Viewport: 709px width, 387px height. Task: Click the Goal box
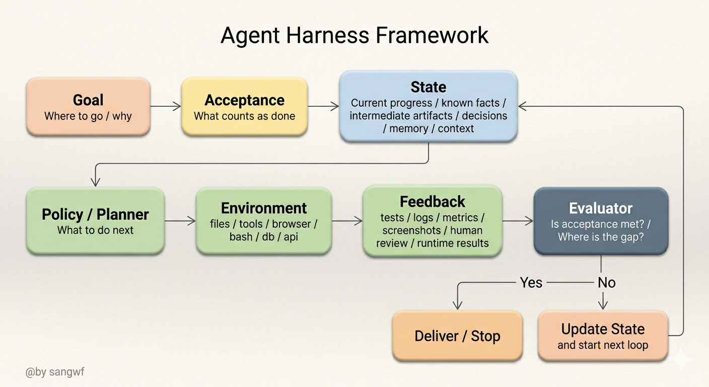(88, 107)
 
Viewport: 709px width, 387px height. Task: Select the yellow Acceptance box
(245, 107)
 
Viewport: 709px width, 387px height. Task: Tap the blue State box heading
(429, 87)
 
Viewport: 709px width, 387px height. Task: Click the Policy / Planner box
(95, 221)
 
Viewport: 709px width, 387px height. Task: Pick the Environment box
(264, 221)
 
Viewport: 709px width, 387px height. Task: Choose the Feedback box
(432, 221)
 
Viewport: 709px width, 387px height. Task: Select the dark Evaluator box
(601, 221)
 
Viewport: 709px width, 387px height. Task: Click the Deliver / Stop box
(457, 336)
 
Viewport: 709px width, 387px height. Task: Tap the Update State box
(603, 336)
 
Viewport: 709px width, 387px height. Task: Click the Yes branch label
(531, 283)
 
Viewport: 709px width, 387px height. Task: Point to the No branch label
(606, 283)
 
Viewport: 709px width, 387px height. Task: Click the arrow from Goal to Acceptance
(166, 106)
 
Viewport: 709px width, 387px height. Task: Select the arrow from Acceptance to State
(323, 106)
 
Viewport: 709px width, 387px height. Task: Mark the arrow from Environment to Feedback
(347, 221)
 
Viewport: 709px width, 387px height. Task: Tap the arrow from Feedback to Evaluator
(518, 221)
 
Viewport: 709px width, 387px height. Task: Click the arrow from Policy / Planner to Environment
(180, 221)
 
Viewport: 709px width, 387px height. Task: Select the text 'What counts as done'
(245, 116)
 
